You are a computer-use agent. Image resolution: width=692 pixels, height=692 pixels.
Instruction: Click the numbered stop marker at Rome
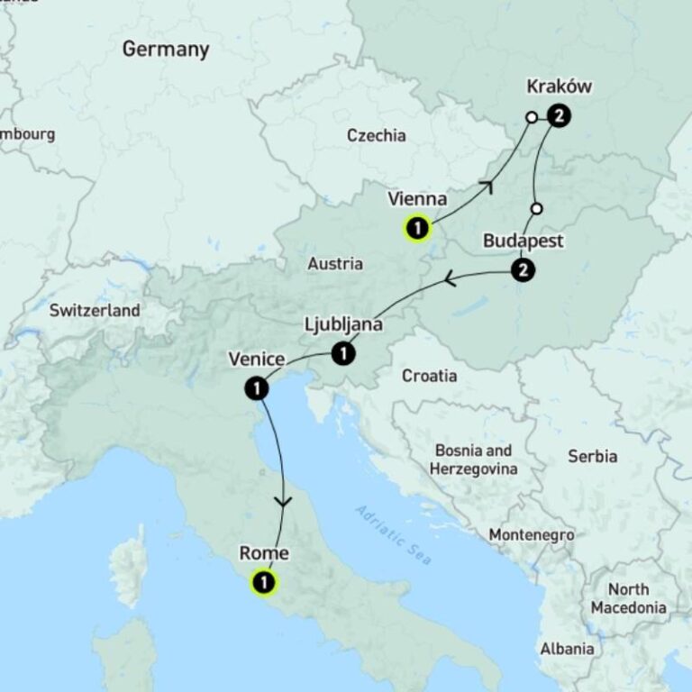pyautogui.click(x=264, y=583)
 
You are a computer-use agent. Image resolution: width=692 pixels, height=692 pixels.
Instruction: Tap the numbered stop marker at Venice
pyautogui.click(x=257, y=388)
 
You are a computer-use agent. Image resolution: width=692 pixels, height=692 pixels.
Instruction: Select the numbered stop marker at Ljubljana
pyautogui.click(x=342, y=354)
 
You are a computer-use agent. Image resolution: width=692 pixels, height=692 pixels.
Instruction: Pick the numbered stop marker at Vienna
pyautogui.click(x=417, y=229)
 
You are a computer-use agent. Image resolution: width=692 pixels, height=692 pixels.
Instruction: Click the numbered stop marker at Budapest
pyautogui.click(x=522, y=269)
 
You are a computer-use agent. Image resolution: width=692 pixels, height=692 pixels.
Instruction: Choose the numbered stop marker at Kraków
pyautogui.click(x=559, y=115)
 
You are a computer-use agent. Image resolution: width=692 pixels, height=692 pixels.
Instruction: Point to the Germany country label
pyautogui.click(x=166, y=49)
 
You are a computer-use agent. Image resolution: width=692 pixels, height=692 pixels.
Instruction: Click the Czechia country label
pyautogui.click(x=376, y=136)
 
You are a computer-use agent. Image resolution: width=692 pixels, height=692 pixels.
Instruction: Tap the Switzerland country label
pyautogui.click(x=95, y=311)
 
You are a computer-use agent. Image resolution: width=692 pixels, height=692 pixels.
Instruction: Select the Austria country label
pyautogui.click(x=335, y=264)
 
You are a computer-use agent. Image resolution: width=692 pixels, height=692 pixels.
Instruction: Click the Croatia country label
pyautogui.click(x=429, y=376)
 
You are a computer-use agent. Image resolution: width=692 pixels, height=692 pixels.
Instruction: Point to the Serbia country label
pyautogui.click(x=592, y=456)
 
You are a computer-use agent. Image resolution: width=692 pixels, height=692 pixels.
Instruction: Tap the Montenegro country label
pyautogui.click(x=531, y=535)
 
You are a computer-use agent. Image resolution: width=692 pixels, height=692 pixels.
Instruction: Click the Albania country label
pyautogui.click(x=567, y=648)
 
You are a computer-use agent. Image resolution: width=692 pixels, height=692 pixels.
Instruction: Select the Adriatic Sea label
pyautogui.click(x=394, y=535)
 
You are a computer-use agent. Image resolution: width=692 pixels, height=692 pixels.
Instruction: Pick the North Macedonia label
pyautogui.click(x=628, y=598)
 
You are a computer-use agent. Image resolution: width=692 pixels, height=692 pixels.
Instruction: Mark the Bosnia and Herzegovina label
pyautogui.click(x=473, y=460)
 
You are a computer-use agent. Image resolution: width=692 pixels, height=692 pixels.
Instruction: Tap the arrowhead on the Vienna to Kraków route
pyautogui.click(x=487, y=187)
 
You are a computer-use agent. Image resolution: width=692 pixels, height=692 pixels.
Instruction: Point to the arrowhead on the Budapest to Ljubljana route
pyautogui.click(x=450, y=281)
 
